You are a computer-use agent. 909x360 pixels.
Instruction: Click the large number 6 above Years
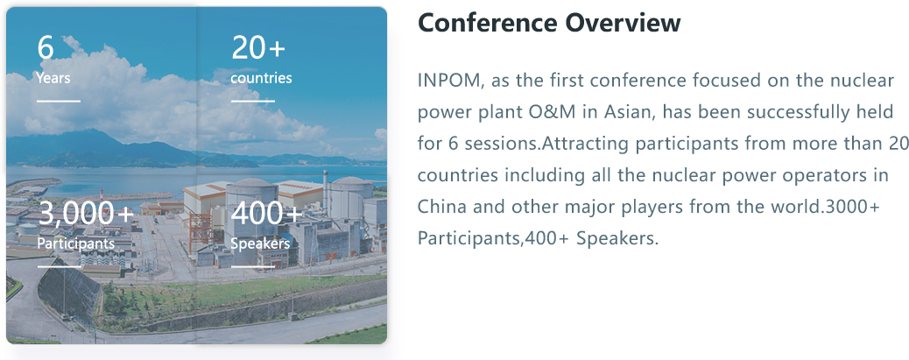pyautogui.click(x=46, y=47)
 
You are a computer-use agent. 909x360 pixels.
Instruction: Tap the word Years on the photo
pyautogui.click(x=53, y=78)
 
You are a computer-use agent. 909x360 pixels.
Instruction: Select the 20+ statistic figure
pyautogui.click(x=258, y=47)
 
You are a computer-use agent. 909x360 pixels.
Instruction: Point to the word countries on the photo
pyautogui.click(x=261, y=78)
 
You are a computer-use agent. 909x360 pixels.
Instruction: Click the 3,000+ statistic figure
pyautogui.click(x=86, y=214)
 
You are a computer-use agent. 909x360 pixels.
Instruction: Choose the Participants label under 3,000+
pyautogui.click(x=76, y=244)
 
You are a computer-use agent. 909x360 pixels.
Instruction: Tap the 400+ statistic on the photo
pyautogui.click(x=267, y=214)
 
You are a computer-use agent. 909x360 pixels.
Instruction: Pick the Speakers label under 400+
pyautogui.click(x=260, y=244)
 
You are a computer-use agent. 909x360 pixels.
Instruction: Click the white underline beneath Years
pyautogui.click(x=59, y=101)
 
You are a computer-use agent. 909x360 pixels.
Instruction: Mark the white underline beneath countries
pyautogui.click(x=253, y=101)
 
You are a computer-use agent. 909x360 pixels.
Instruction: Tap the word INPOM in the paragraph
pyautogui.click(x=450, y=81)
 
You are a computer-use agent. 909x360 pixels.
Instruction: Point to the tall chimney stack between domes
pyautogui.click(x=326, y=194)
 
